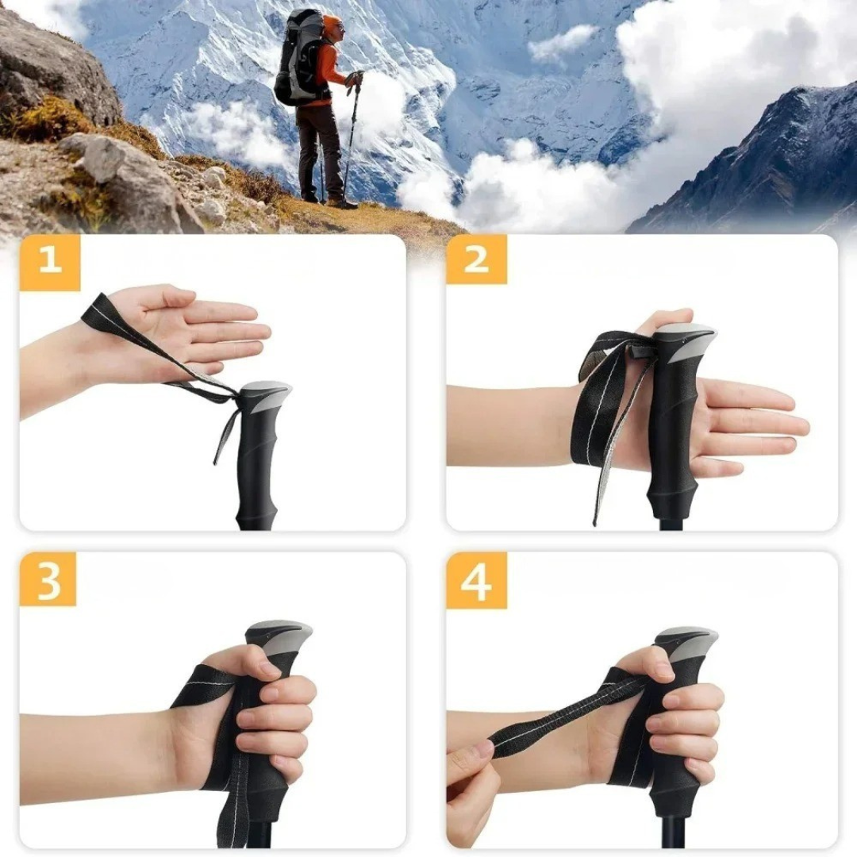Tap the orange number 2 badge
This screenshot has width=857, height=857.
point(476,259)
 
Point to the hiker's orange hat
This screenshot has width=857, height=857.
point(332,23)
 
